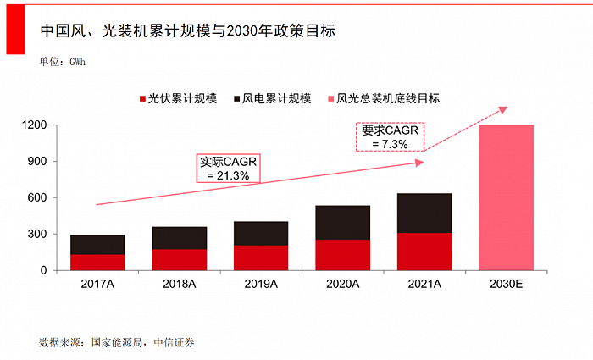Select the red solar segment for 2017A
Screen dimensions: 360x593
[x=97, y=262]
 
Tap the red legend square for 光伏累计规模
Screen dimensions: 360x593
[x=143, y=99]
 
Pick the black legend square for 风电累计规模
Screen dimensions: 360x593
[x=236, y=99]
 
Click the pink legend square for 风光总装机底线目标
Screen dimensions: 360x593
[x=330, y=99]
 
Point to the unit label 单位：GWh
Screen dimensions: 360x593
[x=63, y=62]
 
